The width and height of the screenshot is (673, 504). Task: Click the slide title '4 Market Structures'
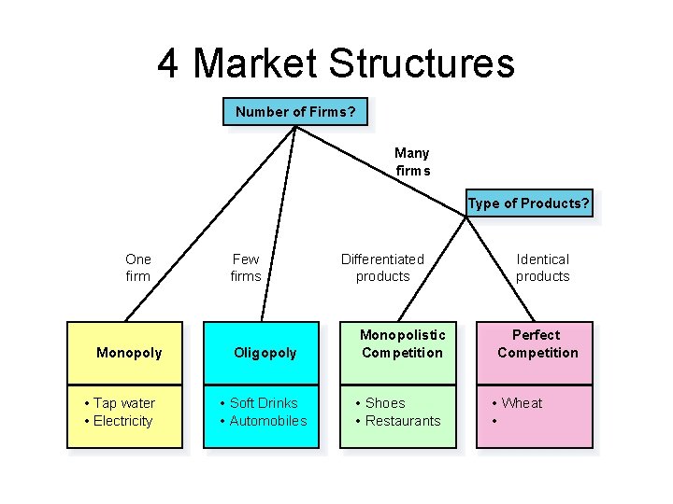336,63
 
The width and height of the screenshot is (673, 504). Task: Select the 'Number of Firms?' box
295,112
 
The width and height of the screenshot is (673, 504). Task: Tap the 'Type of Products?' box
529,204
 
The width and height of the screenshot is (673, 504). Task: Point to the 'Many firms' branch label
412,161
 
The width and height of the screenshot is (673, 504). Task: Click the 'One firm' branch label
137,268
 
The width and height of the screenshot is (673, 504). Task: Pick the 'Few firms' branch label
246,268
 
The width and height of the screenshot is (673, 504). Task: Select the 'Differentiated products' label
382,268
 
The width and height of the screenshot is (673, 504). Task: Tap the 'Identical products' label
542,268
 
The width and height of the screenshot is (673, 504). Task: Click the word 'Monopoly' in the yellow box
129,353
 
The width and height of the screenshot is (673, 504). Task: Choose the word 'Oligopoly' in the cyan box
265,353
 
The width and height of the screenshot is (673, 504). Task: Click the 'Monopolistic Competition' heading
403,343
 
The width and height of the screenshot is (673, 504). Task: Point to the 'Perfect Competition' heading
537,343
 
